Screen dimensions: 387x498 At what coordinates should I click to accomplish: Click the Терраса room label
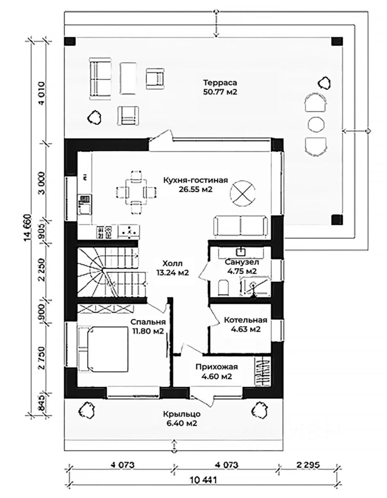(x=220, y=83)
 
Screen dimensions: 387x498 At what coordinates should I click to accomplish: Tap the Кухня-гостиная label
(x=195, y=181)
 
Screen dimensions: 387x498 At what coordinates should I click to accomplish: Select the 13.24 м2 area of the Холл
(x=172, y=273)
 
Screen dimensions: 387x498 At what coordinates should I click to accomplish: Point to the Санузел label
(x=242, y=262)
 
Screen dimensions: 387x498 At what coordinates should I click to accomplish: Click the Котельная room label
(x=246, y=320)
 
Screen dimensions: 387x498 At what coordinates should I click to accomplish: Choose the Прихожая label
(x=217, y=367)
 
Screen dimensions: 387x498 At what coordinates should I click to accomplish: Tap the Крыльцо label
(x=182, y=414)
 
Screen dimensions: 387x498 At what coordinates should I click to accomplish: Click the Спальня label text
(x=148, y=322)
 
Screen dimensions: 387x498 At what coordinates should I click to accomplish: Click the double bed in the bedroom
(x=103, y=349)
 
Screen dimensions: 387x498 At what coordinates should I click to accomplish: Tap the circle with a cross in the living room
(x=243, y=192)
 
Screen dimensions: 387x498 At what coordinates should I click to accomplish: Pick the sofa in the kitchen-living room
(x=240, y=226)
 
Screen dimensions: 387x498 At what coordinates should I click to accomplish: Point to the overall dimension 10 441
(x=204, y=479)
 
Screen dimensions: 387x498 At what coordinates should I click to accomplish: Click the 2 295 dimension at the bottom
(x=308, y=465)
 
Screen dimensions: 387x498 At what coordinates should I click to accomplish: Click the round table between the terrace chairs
(x=316, y=124)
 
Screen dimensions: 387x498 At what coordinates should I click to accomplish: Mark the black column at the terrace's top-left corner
(x=70, y=41)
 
